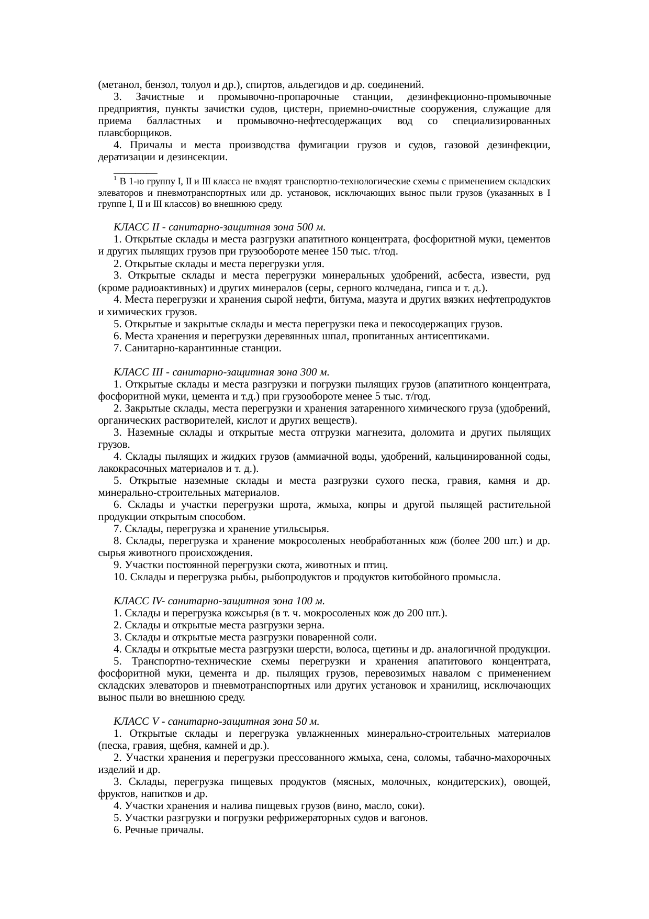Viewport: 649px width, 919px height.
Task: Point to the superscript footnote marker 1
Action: tap(115, 178)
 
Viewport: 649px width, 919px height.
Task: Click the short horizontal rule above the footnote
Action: tap(135, 172)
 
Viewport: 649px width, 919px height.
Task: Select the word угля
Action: tap(313, 263)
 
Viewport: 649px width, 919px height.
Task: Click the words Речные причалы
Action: tap(164, 831)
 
